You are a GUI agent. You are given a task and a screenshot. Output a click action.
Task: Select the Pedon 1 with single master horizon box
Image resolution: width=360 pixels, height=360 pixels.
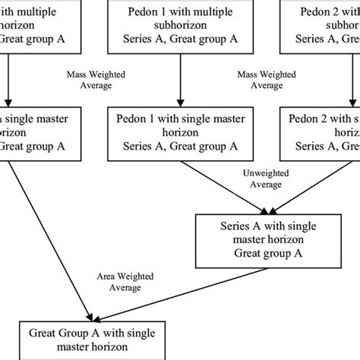pyautogui.click(x=180, y=132)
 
